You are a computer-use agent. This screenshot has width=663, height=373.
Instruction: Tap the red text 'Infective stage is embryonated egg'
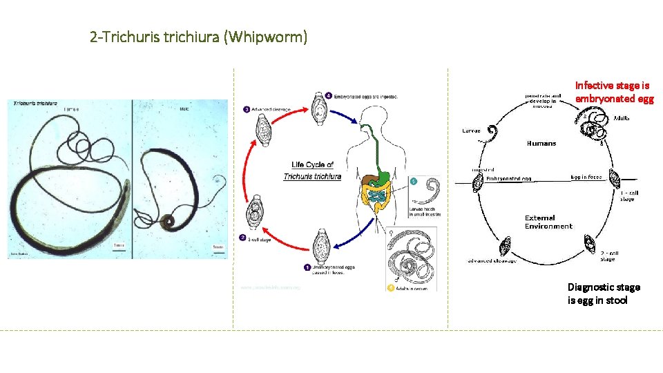click(613, 92)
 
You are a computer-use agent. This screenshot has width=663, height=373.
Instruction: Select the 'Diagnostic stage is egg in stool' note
click(603, 294)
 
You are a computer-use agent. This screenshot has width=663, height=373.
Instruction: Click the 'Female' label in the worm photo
click(71, 108)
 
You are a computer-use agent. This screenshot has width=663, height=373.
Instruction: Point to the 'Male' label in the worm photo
click(184, 108)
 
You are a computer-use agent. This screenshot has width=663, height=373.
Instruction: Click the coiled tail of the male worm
click(167, 223)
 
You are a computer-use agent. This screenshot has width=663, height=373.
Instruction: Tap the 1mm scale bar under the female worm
click(119, 245)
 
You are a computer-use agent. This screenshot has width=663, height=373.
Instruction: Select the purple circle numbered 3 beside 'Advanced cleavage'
click(247, 108)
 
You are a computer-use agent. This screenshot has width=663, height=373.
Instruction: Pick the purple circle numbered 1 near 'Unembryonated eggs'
click(307, 266)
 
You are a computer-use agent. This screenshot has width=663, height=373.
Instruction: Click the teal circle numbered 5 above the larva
click(413, 182)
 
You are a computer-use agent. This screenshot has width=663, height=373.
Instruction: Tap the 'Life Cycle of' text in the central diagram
click(312, 164)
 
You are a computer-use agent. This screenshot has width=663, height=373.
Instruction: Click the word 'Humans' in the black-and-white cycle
click(541, 144)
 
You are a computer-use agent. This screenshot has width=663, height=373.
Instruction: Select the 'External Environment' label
click(548, 222)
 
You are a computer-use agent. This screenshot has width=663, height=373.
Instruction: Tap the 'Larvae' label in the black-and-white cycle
click(472, 130)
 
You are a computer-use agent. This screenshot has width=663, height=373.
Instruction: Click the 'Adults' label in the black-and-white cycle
click(622, 118)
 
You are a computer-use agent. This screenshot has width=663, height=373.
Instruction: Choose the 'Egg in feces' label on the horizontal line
click(586, 177)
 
